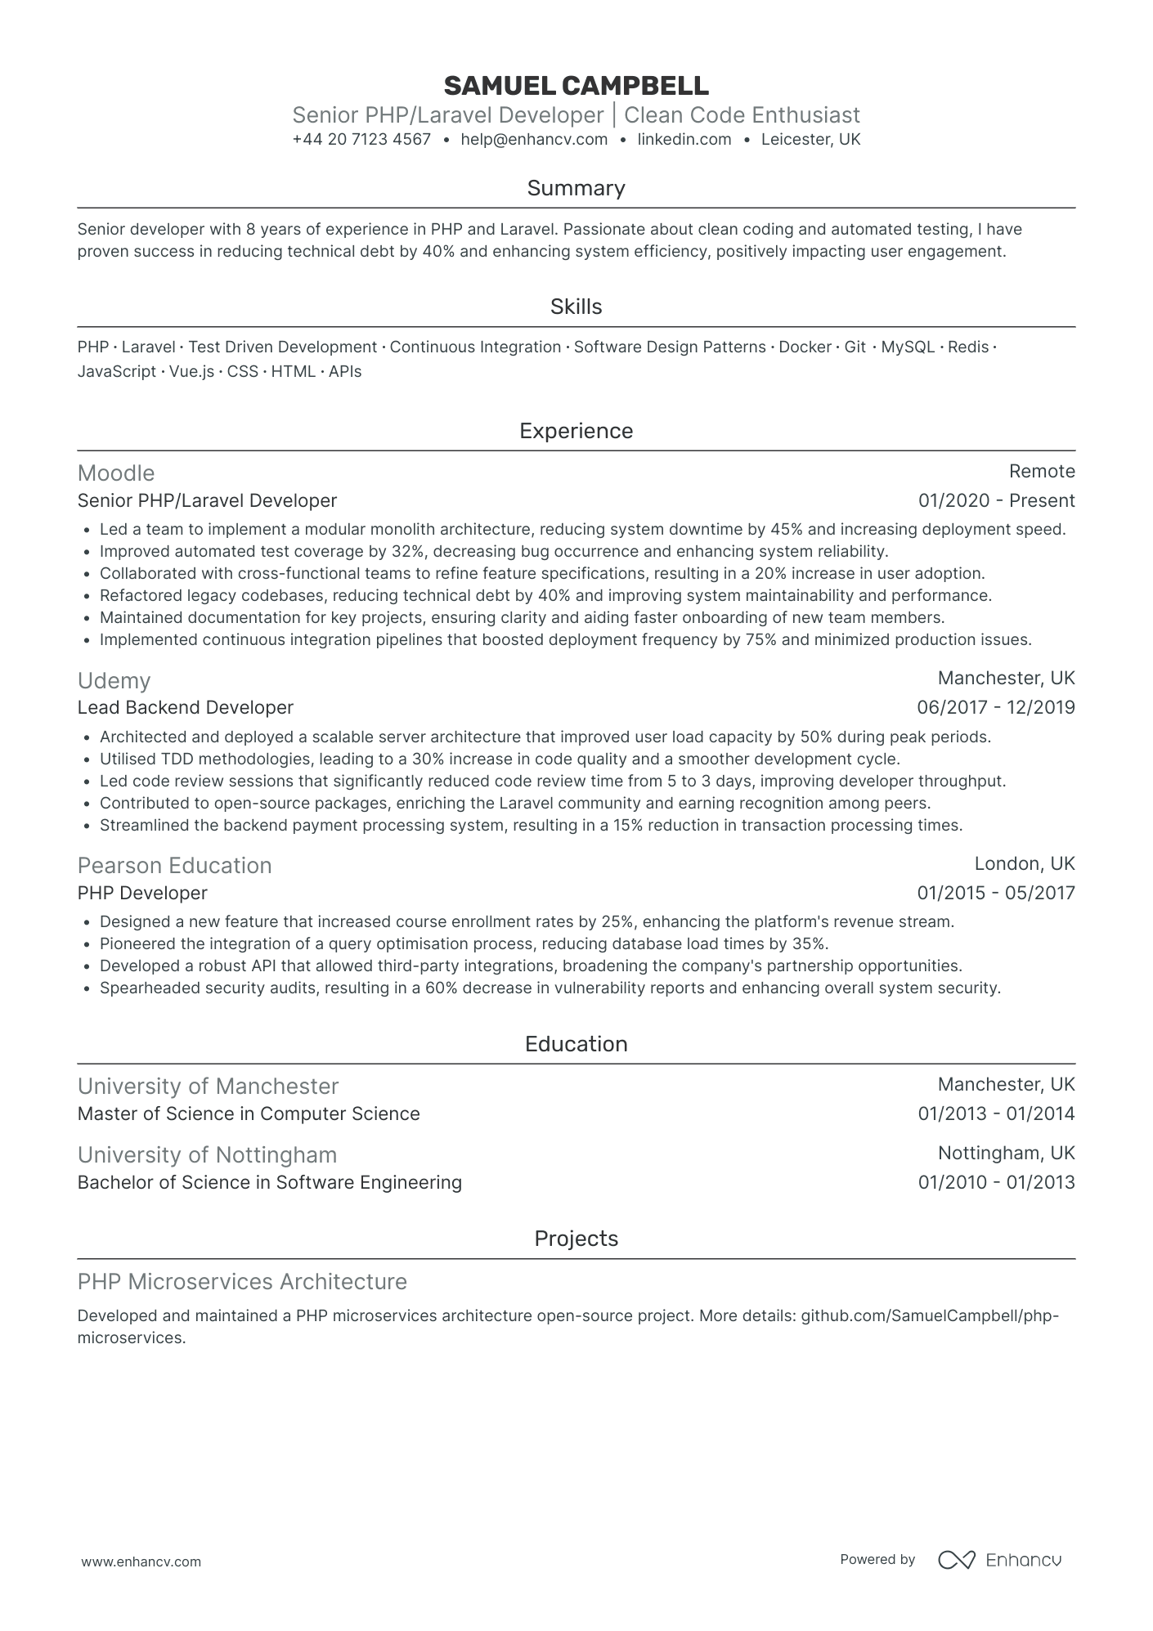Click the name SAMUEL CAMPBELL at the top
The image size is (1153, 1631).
point(576,85)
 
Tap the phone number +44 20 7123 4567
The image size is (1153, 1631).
point(361,140)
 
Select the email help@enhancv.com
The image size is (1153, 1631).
point(534,140)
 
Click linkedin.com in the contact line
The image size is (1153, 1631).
point(684,140)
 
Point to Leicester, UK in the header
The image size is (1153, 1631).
point(810,140)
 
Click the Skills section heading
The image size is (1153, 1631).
point(576,307)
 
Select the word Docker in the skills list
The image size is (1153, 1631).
point(805,347)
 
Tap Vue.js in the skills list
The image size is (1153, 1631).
point(191,372)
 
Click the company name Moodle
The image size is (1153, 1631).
point(116,473)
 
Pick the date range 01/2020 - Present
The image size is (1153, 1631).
point(996,501)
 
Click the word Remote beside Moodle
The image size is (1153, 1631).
point(1042,472)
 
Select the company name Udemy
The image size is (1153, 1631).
point(114,681)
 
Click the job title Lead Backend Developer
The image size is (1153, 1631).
point(186,708)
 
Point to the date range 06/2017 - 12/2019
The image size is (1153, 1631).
point(996,708)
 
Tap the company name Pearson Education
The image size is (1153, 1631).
point(174,866)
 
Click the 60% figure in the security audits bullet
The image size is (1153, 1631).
point(442,988)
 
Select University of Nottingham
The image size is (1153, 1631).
point(207,1155)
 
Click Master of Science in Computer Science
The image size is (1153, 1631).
point(249,1114)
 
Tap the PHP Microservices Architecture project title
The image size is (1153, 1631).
point(242,1282)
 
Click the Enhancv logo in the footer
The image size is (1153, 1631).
point(999,1560)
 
